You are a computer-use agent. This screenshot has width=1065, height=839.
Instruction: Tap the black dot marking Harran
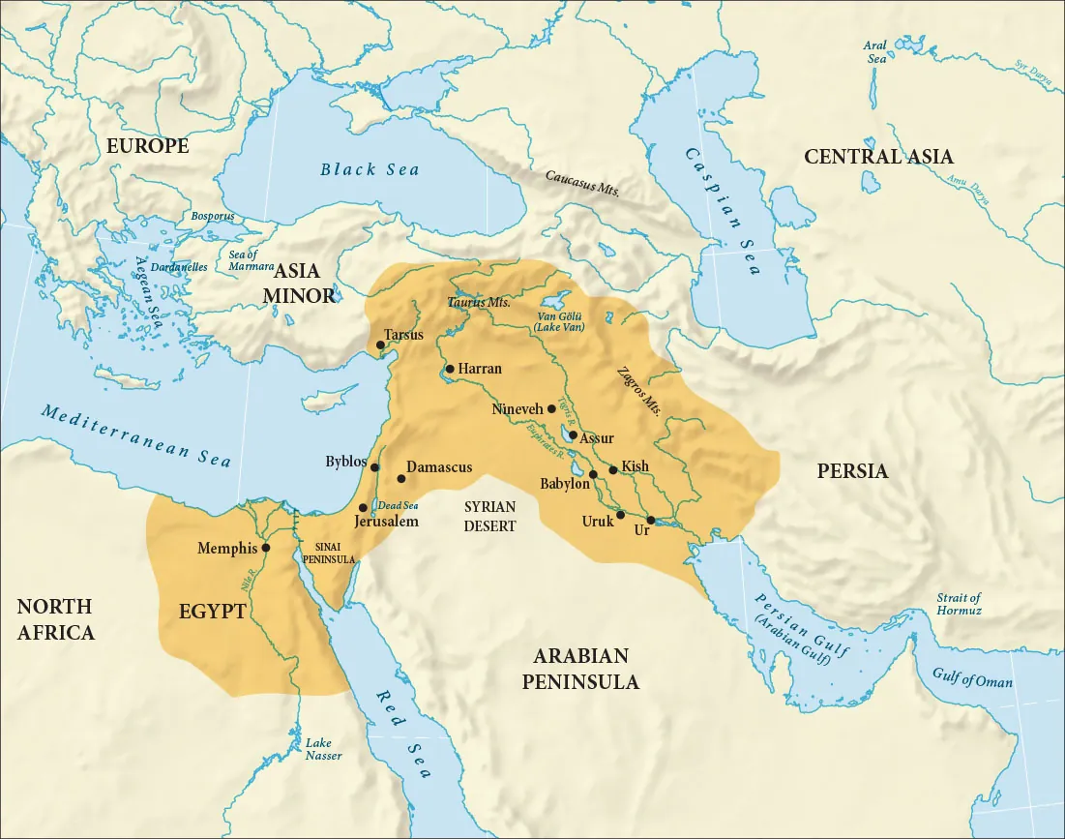(450, 369)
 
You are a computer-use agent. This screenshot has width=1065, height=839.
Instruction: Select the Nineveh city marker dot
(551, 409)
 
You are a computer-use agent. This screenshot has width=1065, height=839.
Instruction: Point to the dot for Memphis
(266, 548)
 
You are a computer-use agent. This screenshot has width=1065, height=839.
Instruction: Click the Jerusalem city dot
(363, 508)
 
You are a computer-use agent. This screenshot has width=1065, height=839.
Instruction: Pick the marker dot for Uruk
(620, 515)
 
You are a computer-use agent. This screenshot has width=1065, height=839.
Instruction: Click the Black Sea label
(370, 170)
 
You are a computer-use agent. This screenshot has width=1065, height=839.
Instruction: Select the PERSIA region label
(852, 471)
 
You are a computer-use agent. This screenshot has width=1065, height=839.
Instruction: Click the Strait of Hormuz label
(959, 605)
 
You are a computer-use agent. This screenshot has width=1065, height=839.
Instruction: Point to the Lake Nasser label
(323, 749)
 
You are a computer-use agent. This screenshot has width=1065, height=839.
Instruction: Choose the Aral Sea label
(877, 51)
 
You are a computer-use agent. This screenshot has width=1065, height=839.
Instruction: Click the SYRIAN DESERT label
(489, 517)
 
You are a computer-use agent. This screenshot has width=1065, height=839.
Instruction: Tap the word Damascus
(439, 467)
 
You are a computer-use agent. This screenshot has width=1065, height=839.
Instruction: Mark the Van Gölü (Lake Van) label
(560, 321)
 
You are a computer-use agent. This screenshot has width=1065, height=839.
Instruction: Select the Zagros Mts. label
(638, 390)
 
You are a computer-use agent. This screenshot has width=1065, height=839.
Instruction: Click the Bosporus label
(213, 217)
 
